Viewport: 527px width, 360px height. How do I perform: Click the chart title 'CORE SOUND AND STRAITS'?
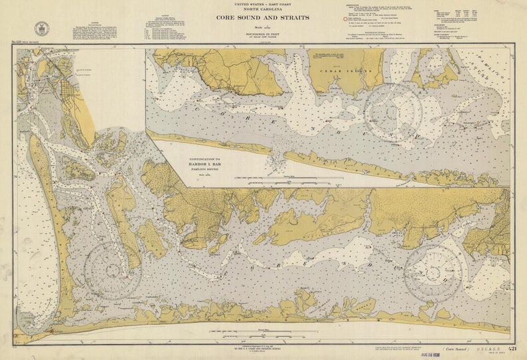coord(263,17)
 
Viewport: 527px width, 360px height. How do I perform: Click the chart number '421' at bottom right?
coord(512,348)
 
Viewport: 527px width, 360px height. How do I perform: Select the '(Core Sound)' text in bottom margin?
coord(456,349)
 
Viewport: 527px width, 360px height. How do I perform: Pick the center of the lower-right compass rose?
coord(433,273)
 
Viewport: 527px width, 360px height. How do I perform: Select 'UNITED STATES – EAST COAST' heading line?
coord(263,4)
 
